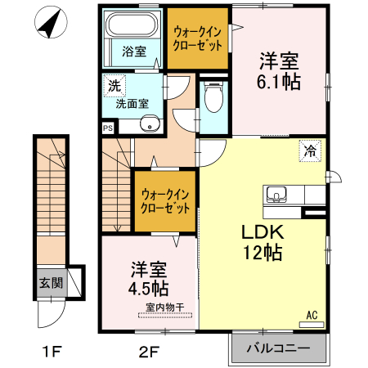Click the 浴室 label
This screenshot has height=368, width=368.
click(x=134, y=52)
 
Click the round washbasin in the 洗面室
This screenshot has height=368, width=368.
click(x=150, y=124)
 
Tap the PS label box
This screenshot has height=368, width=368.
click(x=107, y=128)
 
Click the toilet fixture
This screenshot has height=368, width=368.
click(x=213, y=99)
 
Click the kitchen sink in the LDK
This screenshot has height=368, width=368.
click(x=277, y=195)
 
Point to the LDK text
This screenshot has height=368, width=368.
click(x=262, y=231)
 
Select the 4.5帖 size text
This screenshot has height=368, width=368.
click(x=149, y=288)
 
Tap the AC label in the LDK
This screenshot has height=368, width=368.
click(x=312, y=314)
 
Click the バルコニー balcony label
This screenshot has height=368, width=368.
click(x=278, y=348)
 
